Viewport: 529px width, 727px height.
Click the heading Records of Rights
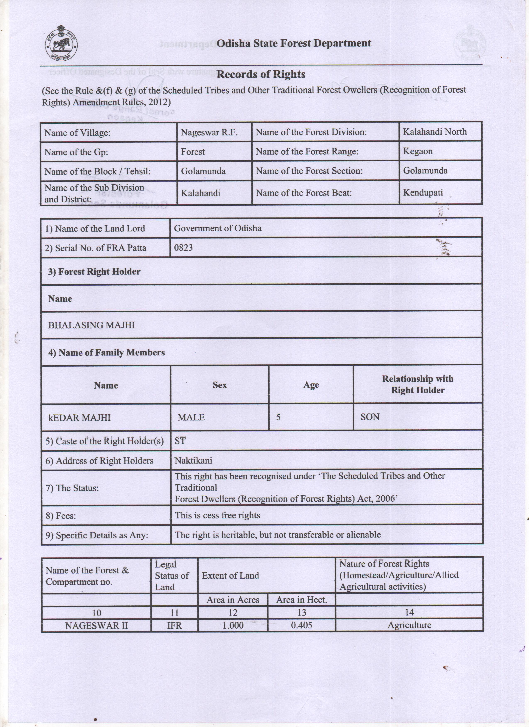coord(261,74)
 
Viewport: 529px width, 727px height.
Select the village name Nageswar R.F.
coord(209,132)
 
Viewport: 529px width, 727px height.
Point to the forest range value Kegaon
coord(418,151)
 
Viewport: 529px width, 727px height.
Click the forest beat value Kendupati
coord(423,193)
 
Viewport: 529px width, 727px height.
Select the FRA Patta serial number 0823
coord(183,248)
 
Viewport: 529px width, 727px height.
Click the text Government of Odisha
coord(217,228)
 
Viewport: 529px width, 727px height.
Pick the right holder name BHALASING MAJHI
coord(91,325)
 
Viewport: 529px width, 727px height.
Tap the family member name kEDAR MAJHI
coord(79,417)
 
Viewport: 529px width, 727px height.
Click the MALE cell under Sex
coord(191,417)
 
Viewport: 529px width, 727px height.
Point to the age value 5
coord(278,417)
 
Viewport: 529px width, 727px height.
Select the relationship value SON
coord(370,417)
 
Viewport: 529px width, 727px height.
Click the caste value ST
coord(180,441)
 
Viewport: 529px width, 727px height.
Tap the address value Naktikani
coord(193,461)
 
